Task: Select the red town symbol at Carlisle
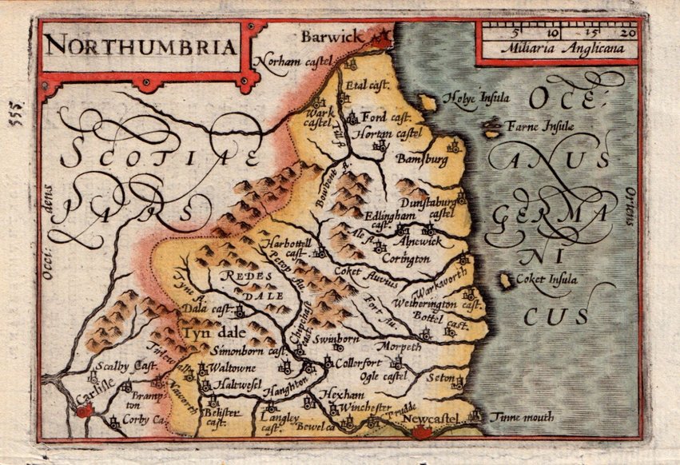click(86, 410)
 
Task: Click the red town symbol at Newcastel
click(421, 432)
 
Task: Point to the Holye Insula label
click(482, 99)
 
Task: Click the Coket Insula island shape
click(505, 281)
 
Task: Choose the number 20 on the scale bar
click(627, 33)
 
